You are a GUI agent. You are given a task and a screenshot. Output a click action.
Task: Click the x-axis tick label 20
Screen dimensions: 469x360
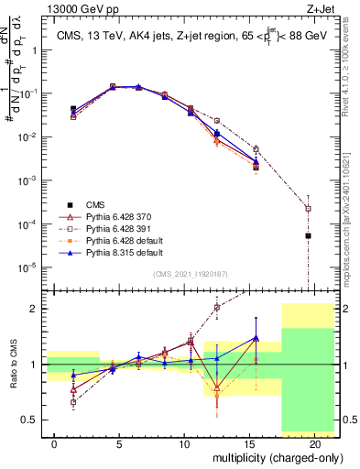[x=314, y=443]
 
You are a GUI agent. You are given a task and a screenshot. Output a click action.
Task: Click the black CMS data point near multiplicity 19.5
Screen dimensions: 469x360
[x=308, y=235]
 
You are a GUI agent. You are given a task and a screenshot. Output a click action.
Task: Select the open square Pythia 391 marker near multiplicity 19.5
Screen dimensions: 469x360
[x=308, y=208]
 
